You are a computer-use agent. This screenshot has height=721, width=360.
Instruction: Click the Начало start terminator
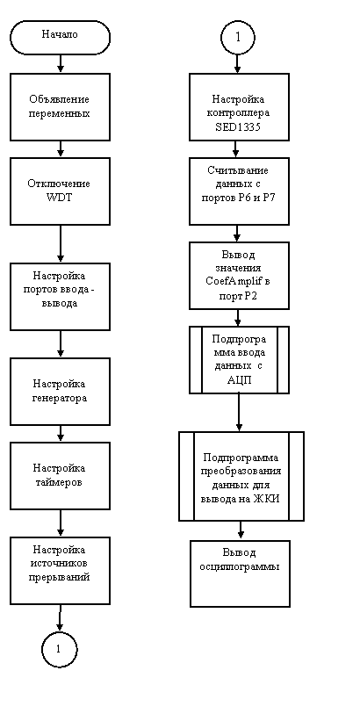(x=60, y=37)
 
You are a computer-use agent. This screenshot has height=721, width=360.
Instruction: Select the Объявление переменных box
(x=60, y=106)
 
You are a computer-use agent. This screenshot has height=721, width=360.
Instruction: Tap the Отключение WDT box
(x=60, y=191)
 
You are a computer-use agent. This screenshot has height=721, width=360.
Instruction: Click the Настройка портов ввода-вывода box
(x=60, y=297)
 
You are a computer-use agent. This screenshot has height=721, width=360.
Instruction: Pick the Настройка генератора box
(x=60, y=392)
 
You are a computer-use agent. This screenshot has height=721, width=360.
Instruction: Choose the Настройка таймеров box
(x=60, y=475)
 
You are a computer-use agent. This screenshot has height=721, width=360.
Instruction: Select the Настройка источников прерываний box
(x=60, y=570)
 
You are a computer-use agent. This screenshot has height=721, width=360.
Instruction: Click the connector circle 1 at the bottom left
(x=60, y=649)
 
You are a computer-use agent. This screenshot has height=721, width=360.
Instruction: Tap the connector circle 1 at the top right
(x=238, y=37)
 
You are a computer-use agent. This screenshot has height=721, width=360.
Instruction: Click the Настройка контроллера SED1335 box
(x=239, y=106)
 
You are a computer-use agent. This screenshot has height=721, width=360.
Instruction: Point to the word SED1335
(x=238, y=128)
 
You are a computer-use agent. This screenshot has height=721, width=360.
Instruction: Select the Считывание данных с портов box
(x=239, y=191)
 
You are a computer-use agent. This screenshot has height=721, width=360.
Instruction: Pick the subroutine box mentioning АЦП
(x=239, y=360)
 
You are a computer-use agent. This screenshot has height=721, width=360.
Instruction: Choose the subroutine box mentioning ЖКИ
(x=241, y=476)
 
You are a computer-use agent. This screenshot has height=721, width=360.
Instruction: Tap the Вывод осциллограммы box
(x=240, y=573)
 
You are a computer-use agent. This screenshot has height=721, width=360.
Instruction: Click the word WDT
(x=60, y=198)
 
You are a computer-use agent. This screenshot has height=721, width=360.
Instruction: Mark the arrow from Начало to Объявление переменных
(x=60, y=63)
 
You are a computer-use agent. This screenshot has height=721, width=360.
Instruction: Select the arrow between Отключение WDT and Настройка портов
(x=60, y=244)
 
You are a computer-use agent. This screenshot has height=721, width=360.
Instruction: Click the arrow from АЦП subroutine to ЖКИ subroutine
(x=239, y=413)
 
